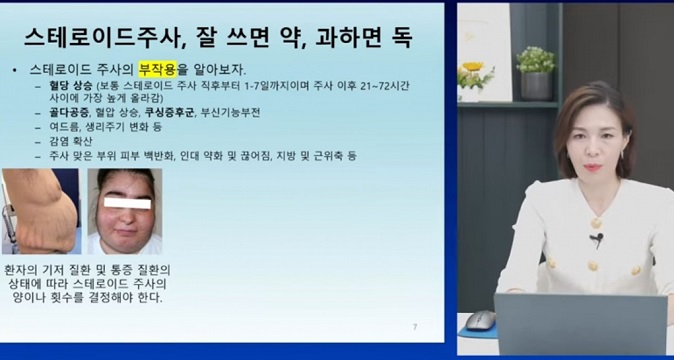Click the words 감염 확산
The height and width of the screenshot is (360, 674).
click(x=66, y=142)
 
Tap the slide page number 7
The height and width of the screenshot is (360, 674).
click(x=414, y=326)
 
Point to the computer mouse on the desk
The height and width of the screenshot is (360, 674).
click(x=481, y=319)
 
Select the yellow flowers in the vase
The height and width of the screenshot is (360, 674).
click(x=473, y=70)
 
